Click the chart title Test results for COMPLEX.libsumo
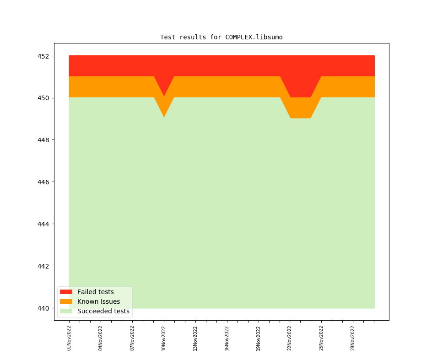coord(221,37)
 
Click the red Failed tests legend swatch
coord(66,292)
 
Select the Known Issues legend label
coord(98,301)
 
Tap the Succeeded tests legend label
coord(103,311)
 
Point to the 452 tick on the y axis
coord(44,56)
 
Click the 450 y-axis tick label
coord(44,98)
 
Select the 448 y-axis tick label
coord(44,140)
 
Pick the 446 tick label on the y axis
coord(44,182)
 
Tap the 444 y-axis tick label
coord(44,224)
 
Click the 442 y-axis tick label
coord(44,266)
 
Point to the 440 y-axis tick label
coord(44,308)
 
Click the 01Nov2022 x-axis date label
coord(69,338)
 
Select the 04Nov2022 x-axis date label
coord(101,338)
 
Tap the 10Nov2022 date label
coord(164,338)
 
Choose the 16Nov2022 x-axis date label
coord(227,338)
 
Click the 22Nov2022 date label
coord(290,338)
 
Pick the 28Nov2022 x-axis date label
coord(353,338)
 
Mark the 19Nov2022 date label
coord(259,338)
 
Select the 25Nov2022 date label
coord(321,338)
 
